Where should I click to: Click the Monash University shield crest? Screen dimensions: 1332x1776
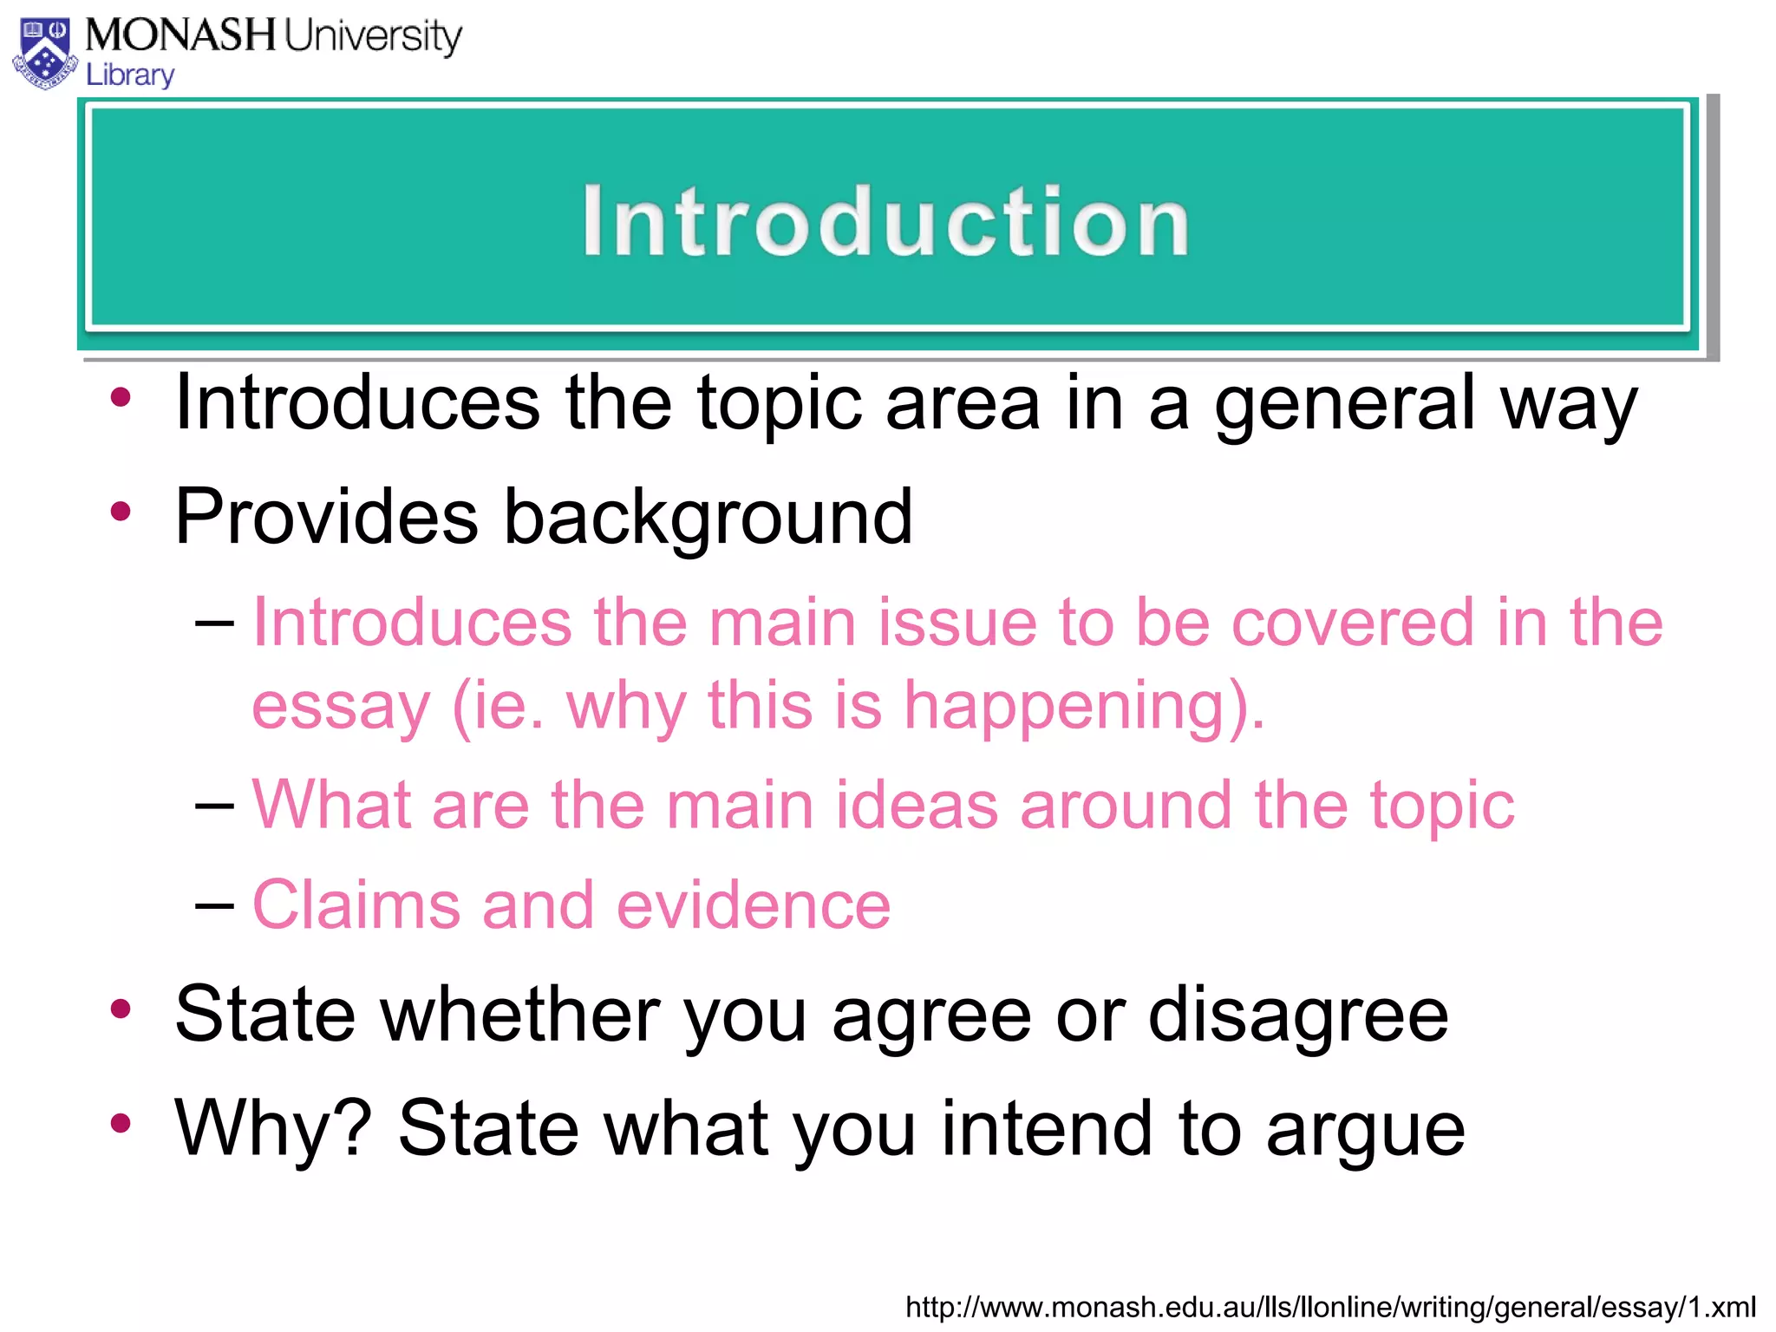pyautogui.click(x=45, y=54)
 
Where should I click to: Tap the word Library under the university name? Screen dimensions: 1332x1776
pyautogui.click(x=130, y=75)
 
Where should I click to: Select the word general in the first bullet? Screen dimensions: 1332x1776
pyautogui.click(x=1343, y=404)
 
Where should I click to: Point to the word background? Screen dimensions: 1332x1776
pyautogui.click(x=708, y=518)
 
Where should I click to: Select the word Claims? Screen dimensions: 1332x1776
pyautogui.click(x=356, y=905)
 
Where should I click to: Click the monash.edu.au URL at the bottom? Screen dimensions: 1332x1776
pyautogui.click(x=1330, y=1307)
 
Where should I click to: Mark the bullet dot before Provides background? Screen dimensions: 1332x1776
pyautogui.click(x=121, y=512)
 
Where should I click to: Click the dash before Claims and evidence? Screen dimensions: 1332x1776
pyautogui.click(x=214, y=906)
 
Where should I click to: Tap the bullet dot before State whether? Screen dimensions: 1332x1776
pyautogui.click(x=121, y=1009)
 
